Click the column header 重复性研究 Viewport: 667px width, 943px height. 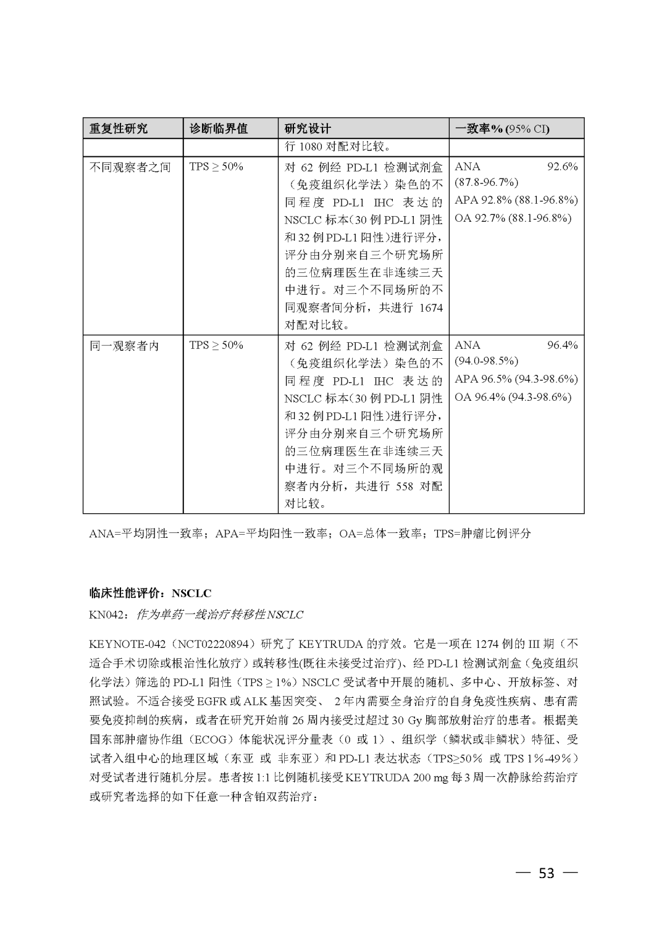[119, 128]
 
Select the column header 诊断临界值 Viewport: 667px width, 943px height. [218, 128]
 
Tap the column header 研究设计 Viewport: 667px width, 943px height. [308, 128]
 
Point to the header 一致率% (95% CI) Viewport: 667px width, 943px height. [502, 128]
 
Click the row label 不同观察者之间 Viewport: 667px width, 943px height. [130, 167]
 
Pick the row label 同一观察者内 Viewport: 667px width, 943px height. [125, 345]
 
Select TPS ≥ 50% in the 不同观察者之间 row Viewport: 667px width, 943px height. [216, 167]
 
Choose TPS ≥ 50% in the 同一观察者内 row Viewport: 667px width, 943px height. [216, 345]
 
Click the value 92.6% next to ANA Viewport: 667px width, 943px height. [562, 167]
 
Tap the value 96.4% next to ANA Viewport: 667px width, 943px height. [562, 345]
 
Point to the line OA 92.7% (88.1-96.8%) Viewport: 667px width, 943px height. [513, 218]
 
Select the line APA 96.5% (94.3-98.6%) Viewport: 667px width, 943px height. [516, 379]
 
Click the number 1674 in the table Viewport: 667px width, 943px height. [431, 308]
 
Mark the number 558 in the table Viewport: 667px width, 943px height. [405, 486]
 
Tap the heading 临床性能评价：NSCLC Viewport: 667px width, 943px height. [150, 593]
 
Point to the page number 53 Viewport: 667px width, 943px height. [547, 873]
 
